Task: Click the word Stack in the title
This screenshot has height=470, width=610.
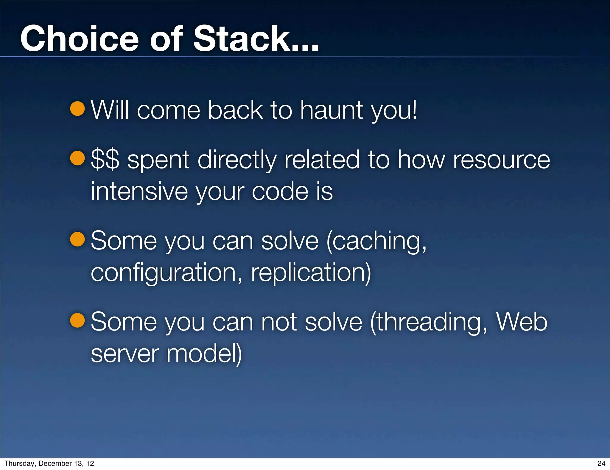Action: click(x=241, y=39)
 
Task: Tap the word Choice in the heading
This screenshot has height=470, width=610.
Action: click(x=80, y=39)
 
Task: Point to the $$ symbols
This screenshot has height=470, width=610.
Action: click(x=105, y=160)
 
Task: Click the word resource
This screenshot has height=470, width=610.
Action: click(x=501, y=160)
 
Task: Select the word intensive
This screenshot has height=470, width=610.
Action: click(x=139, y=191)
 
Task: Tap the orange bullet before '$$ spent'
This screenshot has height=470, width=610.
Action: click(x=78, y=158)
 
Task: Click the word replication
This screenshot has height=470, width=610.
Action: click(x=310, y=273)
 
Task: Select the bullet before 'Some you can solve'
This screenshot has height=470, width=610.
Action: click(x=78, y=239)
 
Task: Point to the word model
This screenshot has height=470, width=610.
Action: click(x=203, y=354)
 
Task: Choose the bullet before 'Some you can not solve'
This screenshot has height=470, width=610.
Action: click(x=78, y=320)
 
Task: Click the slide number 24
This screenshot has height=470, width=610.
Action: click(x=601, y=463)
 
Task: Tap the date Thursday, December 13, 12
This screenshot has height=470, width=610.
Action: click(x=49, y=463)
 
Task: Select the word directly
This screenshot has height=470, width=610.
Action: click(x=237, y=160)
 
